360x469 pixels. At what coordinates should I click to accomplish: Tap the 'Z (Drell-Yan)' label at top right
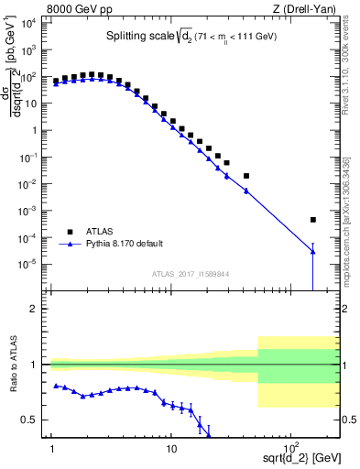pos(307,8)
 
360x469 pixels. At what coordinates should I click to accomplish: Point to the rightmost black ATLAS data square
pos(313,220)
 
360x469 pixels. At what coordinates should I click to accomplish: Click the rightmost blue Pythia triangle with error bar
pos(313,253)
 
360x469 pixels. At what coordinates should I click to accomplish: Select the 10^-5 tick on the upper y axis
pos(30,264)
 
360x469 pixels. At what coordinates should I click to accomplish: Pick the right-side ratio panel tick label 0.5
pos(347,420)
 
